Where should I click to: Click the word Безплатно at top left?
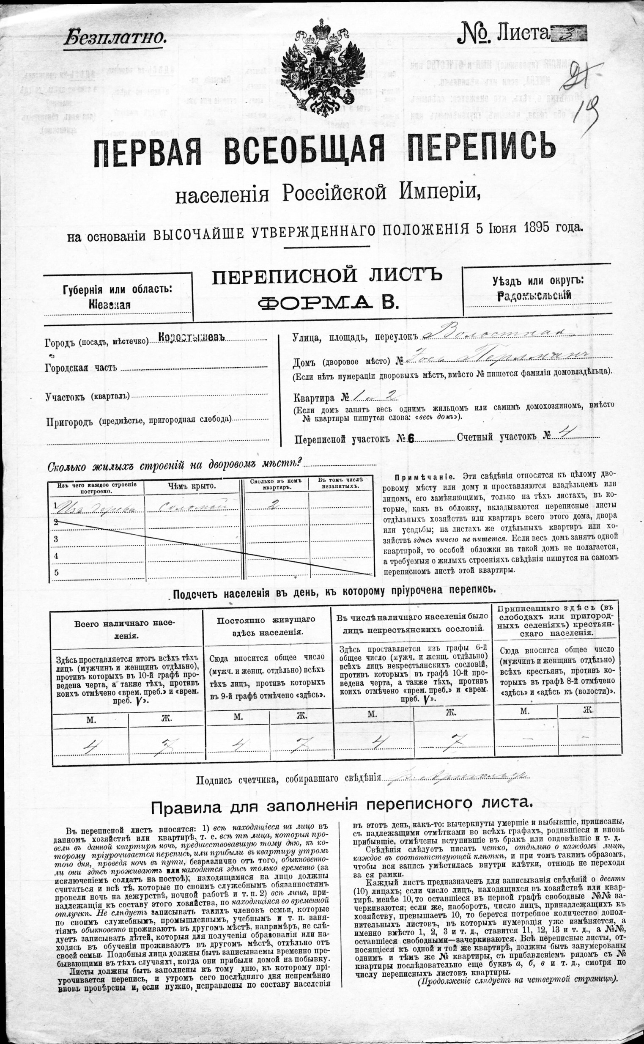[114, 37]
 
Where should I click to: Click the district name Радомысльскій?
[534, 296]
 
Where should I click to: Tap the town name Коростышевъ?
[191, 337]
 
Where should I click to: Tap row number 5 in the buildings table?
[55, 572]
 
